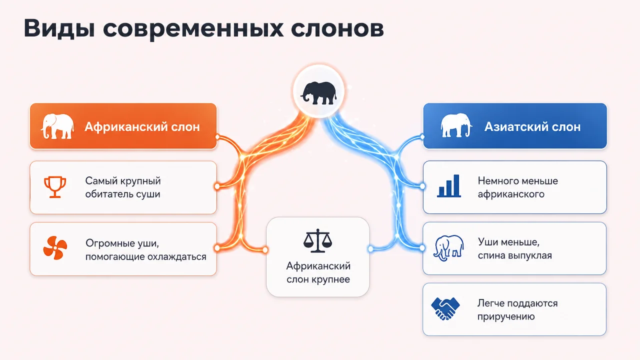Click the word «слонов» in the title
coord(337,28)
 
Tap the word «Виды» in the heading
coord(59,28)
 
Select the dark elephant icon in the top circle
coord(318,93)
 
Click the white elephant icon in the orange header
coord(57,126)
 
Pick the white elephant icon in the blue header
coord(456,125)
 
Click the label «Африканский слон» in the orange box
coord(142,126)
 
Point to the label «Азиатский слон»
coord(532,126)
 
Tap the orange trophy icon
coord(55,187)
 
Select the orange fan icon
coord(55,247)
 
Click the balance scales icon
coord(317,240)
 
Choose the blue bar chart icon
coord(449,186)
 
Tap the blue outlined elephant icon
coord(448,248)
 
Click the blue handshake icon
coord(445,308)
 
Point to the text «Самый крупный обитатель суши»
coord(123,187)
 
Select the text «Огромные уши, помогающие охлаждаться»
coord(145,250)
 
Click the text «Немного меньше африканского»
coord(517,187)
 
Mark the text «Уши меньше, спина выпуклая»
coord(514,248)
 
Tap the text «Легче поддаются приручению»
coord(517,309)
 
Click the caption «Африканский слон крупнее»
coord(318,272)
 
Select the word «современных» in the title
coord(193,29)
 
